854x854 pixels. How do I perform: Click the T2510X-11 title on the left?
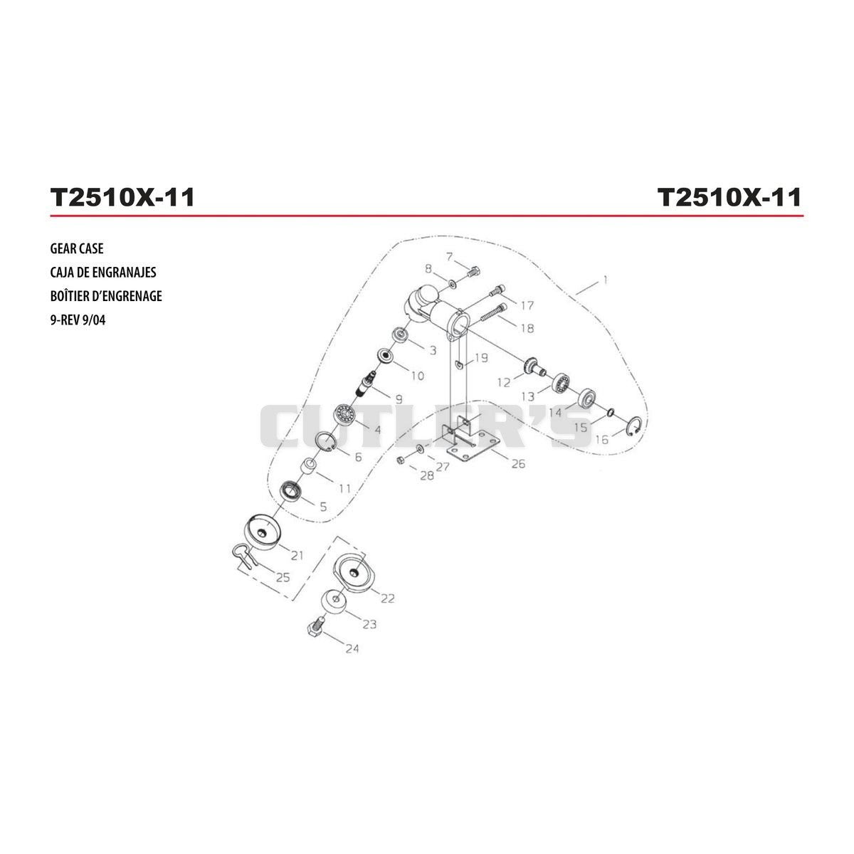(x=122, y=197)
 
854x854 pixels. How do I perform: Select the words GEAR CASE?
(x=77, y=248)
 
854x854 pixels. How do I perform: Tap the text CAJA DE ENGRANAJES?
(x=103, y=272)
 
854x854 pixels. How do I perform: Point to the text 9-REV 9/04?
(x=78, y=320)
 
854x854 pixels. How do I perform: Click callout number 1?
(x=605, y=280)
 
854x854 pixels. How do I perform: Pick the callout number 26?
(x=518, y=463)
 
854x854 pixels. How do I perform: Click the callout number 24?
(x=352, y=648)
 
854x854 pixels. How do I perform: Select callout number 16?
(x=602, y=439)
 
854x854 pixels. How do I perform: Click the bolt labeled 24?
(x=315, y=627)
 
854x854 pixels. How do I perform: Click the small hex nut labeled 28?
(x=401, y=459)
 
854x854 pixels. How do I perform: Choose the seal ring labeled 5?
(x=292, y=490)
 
